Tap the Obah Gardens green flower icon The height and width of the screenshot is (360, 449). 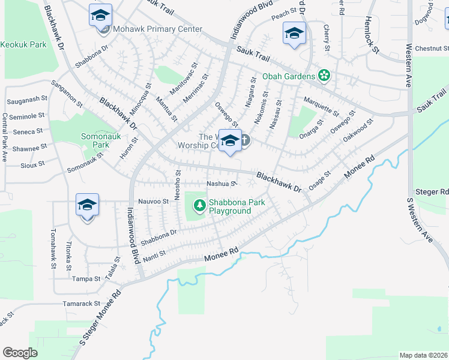click(324, 76)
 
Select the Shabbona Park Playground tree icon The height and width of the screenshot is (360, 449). click(199, 206)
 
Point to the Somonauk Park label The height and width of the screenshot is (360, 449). click(95, 140)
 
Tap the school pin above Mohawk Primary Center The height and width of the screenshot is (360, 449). click(101, 16)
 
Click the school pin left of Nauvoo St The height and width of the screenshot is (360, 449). click(87, 205)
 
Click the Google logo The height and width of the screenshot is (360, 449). click(20, 352)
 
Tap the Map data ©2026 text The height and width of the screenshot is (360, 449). click(424, 355)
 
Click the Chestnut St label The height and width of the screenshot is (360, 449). click(427, 49)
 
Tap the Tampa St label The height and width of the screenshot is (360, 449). click(86, 279)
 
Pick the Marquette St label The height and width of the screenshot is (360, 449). click(321, 106)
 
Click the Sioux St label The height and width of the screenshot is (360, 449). click(32, 163)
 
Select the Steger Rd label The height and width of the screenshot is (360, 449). click(436, 192)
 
